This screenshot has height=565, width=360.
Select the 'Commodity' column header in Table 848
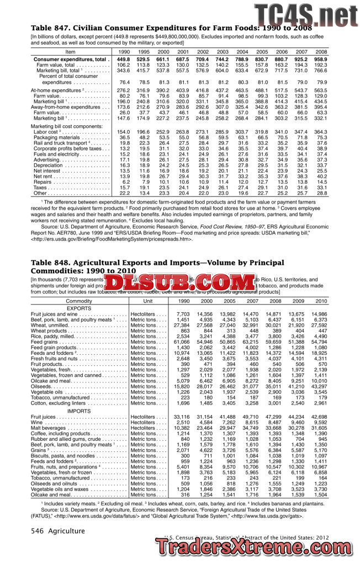(x=79, y=301)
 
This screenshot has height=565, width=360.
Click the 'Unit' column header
(x=147, y=301)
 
